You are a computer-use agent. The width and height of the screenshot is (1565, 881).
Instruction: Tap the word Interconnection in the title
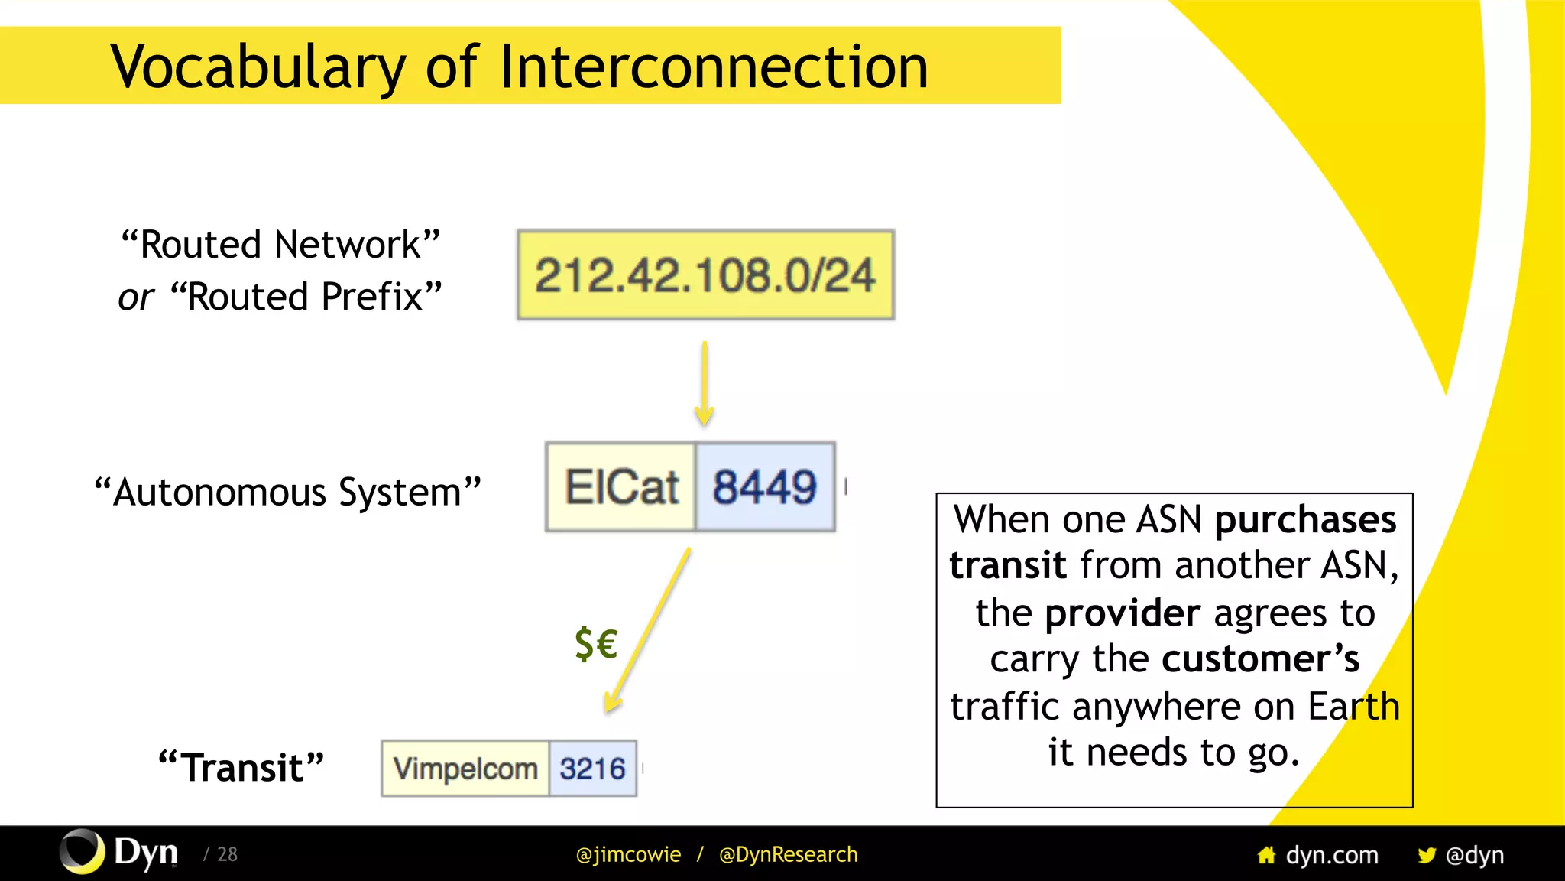coord(714,67)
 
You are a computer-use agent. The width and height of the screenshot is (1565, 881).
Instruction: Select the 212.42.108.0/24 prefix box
coord(705,275)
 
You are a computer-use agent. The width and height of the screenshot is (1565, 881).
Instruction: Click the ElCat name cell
coord(620,487)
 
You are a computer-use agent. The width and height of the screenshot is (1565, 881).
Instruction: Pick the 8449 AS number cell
coord(764,487)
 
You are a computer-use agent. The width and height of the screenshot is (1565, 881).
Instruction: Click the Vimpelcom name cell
coord(465,769)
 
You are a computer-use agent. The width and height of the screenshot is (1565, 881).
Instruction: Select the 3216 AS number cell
coord(592,769)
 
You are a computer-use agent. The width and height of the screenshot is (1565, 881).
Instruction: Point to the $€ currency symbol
coord(596,643)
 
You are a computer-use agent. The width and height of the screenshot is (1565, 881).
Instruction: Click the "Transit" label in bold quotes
coord(241,767)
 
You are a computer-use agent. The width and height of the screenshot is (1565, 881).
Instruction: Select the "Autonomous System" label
coord(287,492)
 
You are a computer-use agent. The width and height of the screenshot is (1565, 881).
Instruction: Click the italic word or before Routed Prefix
coord(136,297)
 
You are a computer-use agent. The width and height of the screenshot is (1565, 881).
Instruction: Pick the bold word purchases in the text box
coord(1305,520)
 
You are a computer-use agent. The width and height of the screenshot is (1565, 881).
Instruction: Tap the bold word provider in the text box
coord(1123,613)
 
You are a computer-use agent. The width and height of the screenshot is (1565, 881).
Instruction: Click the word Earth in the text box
coord(1353,706)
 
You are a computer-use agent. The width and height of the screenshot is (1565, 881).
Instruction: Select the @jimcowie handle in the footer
coord(628,854)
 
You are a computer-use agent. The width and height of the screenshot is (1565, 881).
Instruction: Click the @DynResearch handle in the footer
coord(788,854)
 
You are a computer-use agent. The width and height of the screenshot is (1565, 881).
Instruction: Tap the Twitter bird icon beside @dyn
coord(1426,855)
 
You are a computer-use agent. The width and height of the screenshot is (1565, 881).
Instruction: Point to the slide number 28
coord(227,854)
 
